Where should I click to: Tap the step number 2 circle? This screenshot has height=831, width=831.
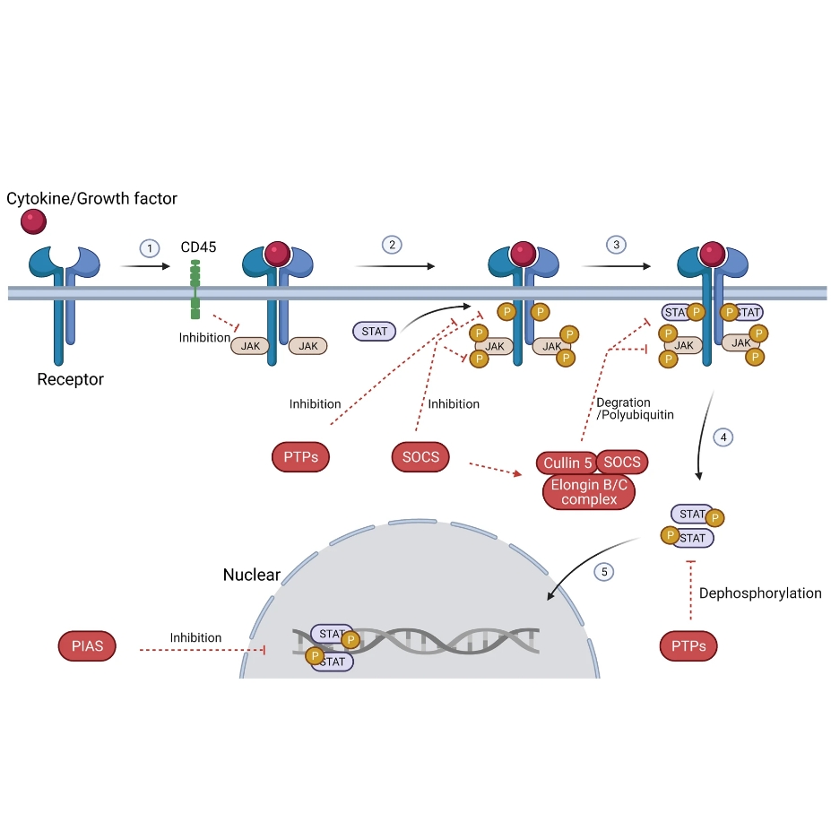click(391, 245)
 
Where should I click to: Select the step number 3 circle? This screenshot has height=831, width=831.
click(615, 245)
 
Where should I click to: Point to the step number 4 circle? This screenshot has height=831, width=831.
click(723, 437)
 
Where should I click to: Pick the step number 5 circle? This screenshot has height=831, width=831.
click(604, 571)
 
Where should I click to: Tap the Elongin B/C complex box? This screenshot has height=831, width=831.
click(589, 491)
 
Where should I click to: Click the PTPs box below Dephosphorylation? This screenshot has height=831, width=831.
click(688, 645)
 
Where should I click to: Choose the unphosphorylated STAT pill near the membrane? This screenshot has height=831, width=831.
click(375, 332)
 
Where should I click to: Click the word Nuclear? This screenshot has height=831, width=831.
click(252, 575)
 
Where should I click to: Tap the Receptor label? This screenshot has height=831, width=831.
click(70, 379)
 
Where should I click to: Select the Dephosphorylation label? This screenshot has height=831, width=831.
click(760, 593)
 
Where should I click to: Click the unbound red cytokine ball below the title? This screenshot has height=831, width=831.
click(35, 221)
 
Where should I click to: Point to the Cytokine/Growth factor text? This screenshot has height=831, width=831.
click(92, 198)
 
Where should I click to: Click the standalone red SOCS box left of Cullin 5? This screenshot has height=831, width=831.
click(421, 457)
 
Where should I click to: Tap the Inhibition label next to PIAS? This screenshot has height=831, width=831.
click(195, 638)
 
